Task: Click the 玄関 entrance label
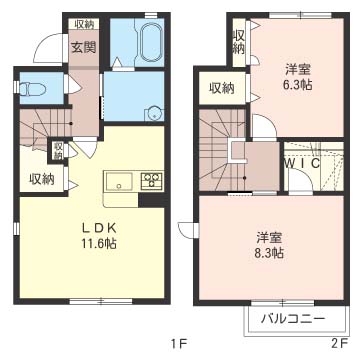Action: click(82, 47)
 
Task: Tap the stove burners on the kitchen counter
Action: click(152, 181)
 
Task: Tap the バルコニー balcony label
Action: click(291, 319)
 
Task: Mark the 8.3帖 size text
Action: click(268, 254)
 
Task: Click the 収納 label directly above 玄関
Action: click(82, 24)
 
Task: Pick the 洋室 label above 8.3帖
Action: click(268, 237)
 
